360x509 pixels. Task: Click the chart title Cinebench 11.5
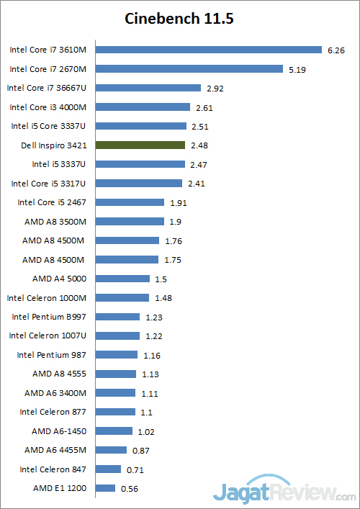tap(179, 18)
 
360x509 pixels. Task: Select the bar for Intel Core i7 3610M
tap(208, 50)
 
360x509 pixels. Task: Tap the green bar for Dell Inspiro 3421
tap(140, 145)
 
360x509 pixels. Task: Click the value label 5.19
tap(297, 69)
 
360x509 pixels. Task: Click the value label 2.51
tap(201, 126)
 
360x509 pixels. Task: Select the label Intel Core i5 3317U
tap(48, 183)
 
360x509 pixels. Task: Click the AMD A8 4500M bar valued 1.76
tap(127, 240)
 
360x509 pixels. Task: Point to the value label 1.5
tap(161, 279)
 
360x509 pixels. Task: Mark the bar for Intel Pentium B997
tap(117, 316)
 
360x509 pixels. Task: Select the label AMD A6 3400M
tap(59, 392)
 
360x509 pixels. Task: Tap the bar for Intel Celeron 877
tap(115, 412)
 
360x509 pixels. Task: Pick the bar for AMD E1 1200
tap(105, 488)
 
